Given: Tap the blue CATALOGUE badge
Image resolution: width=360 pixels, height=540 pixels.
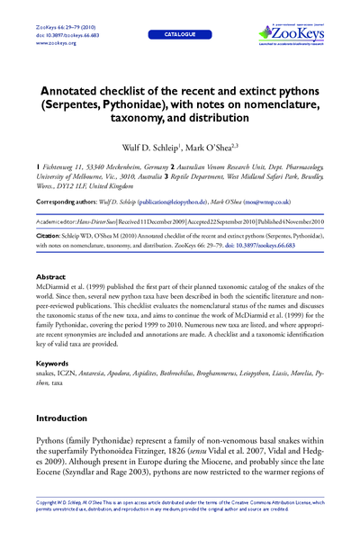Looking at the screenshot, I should tap(179, 33).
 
